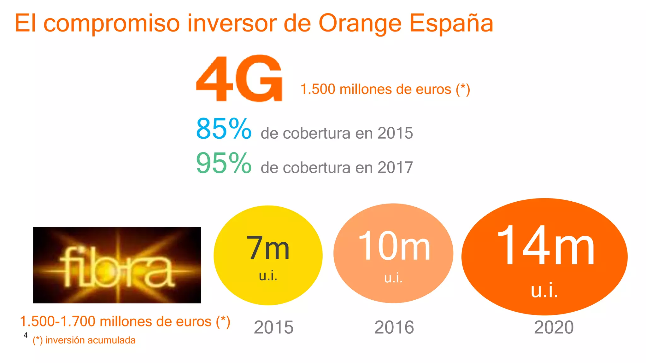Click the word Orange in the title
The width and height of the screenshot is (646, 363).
click(360, 24)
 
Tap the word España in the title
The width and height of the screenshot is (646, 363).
click(451, 24)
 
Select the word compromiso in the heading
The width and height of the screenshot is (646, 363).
click(112, 24)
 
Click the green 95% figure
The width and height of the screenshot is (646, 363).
click(224, 163)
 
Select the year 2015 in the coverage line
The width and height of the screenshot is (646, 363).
click(395, 133)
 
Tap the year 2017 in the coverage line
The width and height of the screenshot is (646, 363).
click(395, 167)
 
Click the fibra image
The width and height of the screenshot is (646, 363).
click(117, 265)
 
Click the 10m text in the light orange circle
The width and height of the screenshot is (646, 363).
click(394, 246)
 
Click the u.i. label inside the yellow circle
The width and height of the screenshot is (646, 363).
click(268, 276)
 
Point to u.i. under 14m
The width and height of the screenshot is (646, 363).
click(544, 290)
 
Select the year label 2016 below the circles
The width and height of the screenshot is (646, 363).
click(394, 327)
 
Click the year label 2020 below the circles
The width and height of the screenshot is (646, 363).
click(554, 327)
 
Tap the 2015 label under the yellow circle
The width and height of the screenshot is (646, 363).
click(273, 327)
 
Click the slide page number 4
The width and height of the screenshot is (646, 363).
click(26, 335)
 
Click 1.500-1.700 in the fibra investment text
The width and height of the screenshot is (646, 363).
click(57, 322)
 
